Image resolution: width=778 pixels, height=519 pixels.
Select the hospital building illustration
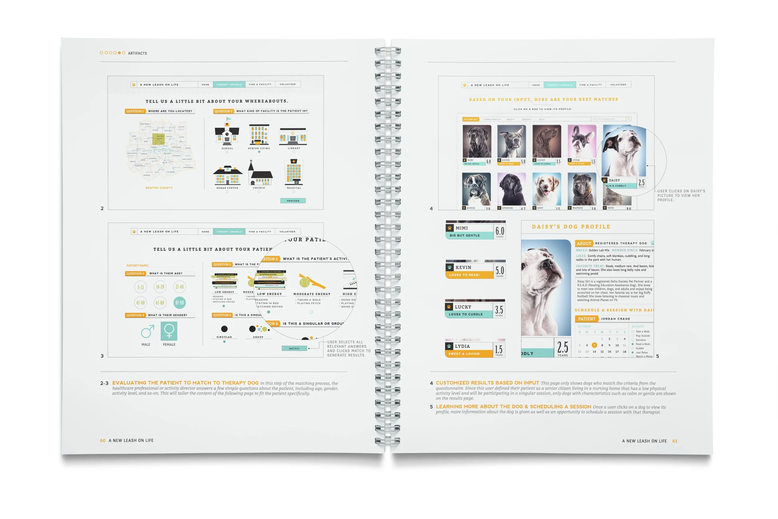pyautogui.click(x=293, y=172)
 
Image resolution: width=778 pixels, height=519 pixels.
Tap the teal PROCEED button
pyautogui.click(x=293, y=201)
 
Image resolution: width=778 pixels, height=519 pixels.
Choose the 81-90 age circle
pyautogui.click(x=180, y=303)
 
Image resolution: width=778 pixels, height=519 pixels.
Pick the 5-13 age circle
pyautogui.click(x=141, y=287)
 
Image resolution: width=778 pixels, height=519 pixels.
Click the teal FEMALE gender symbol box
pyautogui.click(x=169, y=331)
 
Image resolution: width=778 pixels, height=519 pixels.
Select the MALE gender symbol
pyautogui.click(x=147, y=331)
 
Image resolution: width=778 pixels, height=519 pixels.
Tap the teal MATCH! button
pyautogui.click(x=294, y=348)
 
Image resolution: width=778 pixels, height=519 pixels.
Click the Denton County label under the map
pyautogui.click(x=159, y=188)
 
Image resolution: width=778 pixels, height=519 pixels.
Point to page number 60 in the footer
pyautogui.click(x=103, y=440)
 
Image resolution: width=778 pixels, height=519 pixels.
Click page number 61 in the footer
pyautogui.click(x=675, y=441)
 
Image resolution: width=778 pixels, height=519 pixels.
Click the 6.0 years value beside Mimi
pyautogui.click(x=499, y=231)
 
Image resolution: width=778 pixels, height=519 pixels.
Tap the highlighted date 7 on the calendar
pyautogui.click(x=594, y=345)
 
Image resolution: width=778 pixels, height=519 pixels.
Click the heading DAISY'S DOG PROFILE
pyautogui.click(x=571, y=227)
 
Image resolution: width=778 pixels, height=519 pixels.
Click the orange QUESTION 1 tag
pyautogui.click(x=135, y=111)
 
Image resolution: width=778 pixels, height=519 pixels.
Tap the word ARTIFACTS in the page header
pyautogui.click(x=137, y=53)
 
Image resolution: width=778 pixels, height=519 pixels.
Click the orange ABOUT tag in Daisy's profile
pyautogui.click(x=584, y=243)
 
